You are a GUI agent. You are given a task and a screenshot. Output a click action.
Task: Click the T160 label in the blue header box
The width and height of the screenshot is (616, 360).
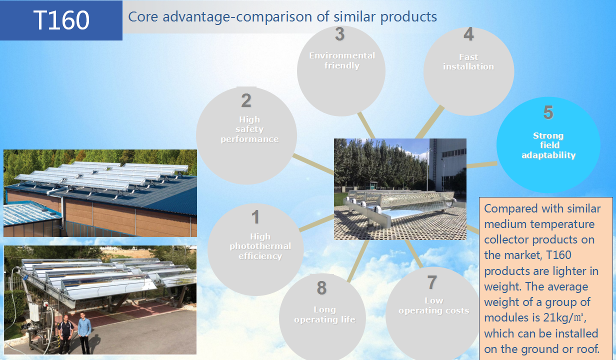tap(61, 20)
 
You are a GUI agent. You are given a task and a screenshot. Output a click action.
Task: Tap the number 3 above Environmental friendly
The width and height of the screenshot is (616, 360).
tap(340, 34)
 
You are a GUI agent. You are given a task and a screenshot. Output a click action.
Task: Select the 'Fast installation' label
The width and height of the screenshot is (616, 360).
tap(468, 61)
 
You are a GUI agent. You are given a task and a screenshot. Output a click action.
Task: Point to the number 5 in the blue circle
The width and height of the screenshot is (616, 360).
tap(548, 112)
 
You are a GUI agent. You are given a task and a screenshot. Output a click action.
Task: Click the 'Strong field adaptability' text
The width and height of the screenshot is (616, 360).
tap(548, 145)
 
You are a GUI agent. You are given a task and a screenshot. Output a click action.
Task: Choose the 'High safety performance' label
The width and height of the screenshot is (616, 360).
tap(249, 129)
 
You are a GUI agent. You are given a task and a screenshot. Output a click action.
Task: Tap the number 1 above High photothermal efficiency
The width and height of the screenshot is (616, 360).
tap(255, 217)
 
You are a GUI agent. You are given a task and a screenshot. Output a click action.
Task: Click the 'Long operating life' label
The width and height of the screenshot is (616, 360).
tap(325, 314)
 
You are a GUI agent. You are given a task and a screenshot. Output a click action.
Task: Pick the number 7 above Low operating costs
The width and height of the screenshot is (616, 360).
tap(432, 282)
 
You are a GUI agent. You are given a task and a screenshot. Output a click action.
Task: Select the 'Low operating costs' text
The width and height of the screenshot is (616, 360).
tap(433, 305)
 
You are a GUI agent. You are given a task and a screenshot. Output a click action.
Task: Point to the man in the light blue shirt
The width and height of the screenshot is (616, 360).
tap(84, 332)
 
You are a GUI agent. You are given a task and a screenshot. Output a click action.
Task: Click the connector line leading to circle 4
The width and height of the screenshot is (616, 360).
tap(429, 122)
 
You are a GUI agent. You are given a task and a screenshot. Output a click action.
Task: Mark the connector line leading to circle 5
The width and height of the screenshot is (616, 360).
tap(482, 164)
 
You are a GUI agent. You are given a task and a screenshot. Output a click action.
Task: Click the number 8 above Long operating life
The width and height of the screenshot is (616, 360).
tap(321, 287)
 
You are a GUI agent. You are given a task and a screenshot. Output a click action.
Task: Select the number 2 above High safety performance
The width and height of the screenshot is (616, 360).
tap(246, 100)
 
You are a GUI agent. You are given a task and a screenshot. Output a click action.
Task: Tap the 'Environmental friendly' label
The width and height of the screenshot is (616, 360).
tap(342, 60)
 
